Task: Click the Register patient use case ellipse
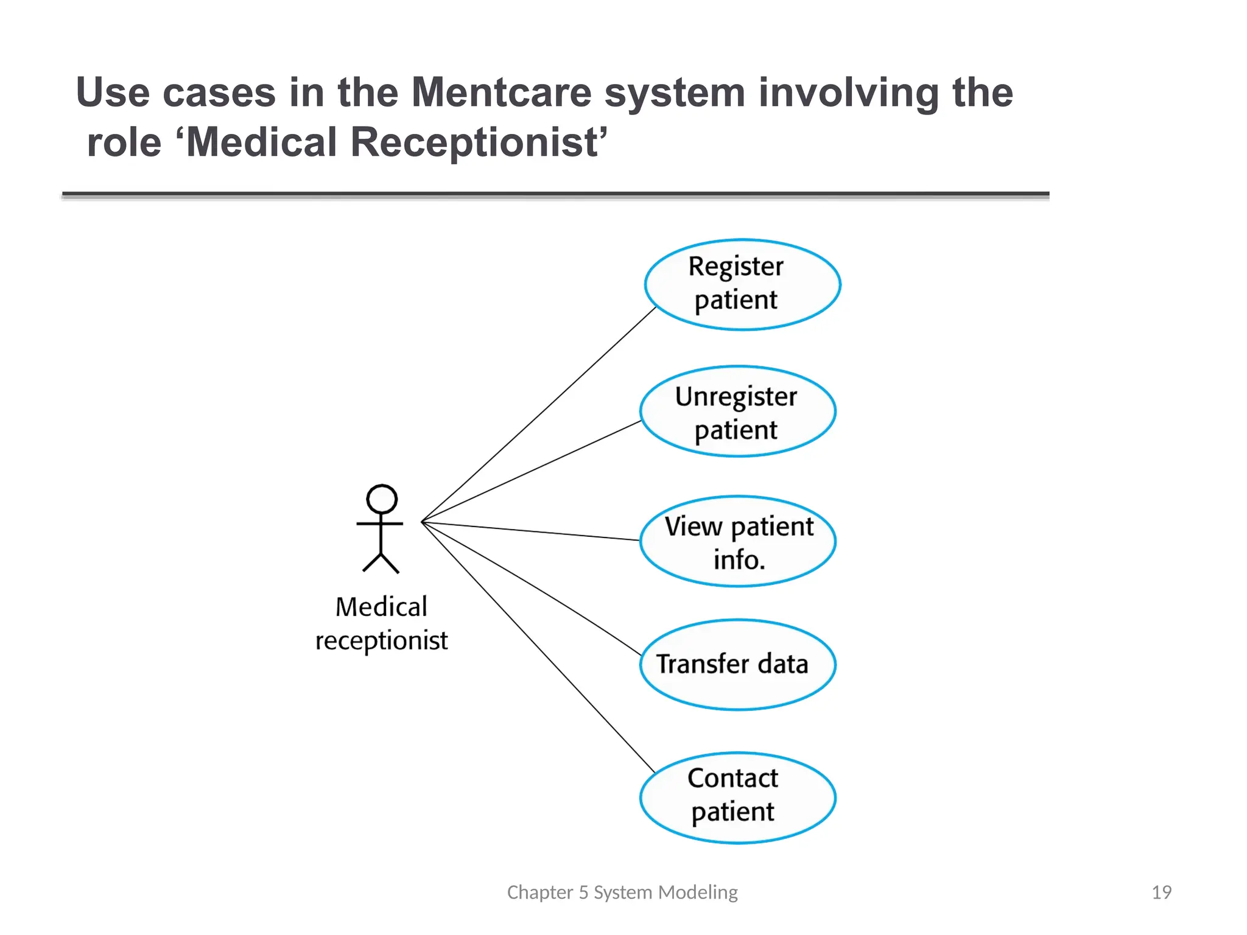pyautogui.click(x=742, y=284)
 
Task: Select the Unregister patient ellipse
pyautogui.click(x=737, y=411)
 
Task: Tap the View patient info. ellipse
pyautogui.click(x=737, y=542)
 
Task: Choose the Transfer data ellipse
pyautogui.click(x=737, y=665)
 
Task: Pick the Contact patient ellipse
pyautogui.click(x=737, y=797)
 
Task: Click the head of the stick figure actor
pyautogui.click(x=382, y=499)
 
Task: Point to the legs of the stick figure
pyautogui.click(x=381, y=563)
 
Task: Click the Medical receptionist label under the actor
pyautogui.click(x=381, y=623)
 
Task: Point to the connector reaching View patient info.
pyautogui.click(x=530, y=531)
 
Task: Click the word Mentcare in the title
pyautogui.click(x=501, y=93)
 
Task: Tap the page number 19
pyautogui.click(x=1161, y=892)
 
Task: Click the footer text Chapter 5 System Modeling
pyautogui.click(x=622, y=892)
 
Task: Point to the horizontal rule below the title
pyautogui.click(x=555, y=195)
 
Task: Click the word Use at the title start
pyautogui.click(x=113, y=93)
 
